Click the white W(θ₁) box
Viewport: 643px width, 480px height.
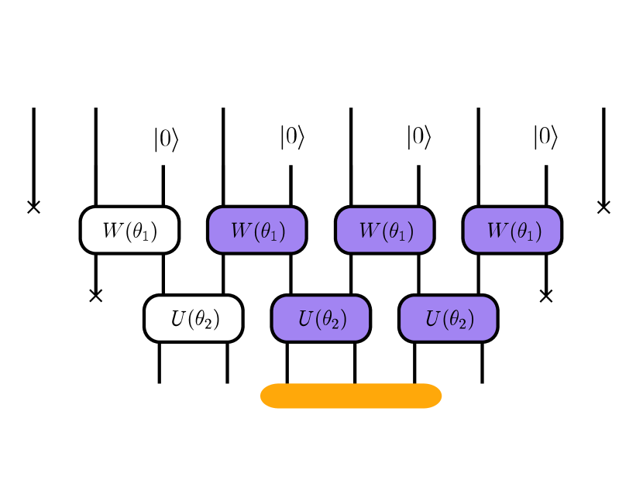click(129, 230)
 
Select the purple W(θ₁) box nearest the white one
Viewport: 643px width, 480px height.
click(256, 230)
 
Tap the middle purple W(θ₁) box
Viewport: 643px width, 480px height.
click(384, 230)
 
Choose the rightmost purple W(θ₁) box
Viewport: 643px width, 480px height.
click(512, 230)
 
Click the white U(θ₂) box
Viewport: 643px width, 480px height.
click(193, 318)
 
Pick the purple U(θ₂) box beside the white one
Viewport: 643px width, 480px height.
click(321, 318)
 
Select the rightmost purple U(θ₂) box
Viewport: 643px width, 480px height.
click(448, 318)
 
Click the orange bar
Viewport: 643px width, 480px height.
click(351, 396)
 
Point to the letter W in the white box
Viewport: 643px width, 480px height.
click(112, 230)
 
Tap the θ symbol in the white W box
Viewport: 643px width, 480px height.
click(141, 230)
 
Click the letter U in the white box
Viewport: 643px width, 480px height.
click(178, 318)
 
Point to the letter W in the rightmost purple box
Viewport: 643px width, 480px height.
click(496, 230)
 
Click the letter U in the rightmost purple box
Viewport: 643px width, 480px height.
click(433, 318)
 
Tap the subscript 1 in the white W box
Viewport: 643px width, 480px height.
click(148, 235)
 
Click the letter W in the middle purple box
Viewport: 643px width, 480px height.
click(368, 230)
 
